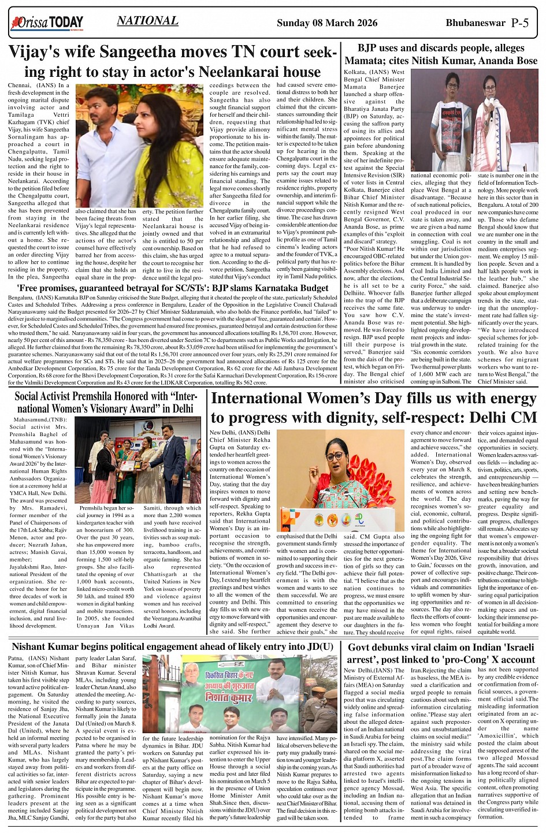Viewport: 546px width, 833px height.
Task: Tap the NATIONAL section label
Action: (x=147, y=21)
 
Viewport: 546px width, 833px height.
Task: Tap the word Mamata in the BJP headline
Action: (x=367, y=60)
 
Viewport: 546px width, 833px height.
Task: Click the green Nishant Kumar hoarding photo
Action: (x=240, y=694)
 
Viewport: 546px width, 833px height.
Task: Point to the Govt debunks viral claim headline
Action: (x=441, y=653)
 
